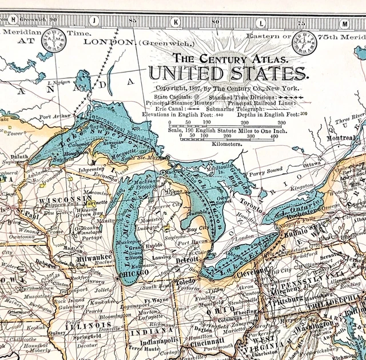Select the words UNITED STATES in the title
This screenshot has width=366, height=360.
point(228,74)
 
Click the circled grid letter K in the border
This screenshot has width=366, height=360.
point(176,23)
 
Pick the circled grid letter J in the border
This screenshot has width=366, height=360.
point(93,22)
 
